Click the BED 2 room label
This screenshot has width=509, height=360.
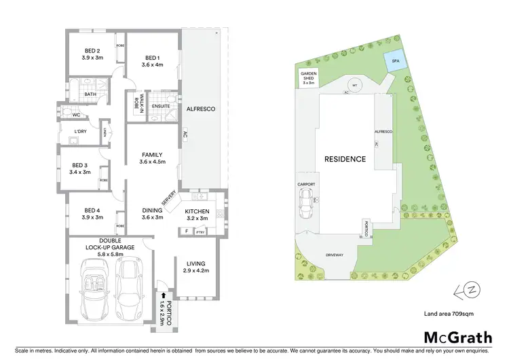93,51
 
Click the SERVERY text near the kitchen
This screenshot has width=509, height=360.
169,197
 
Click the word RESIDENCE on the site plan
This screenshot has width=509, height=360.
345,160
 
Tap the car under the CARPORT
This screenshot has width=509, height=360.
306,203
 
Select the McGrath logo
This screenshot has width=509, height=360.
458,337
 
